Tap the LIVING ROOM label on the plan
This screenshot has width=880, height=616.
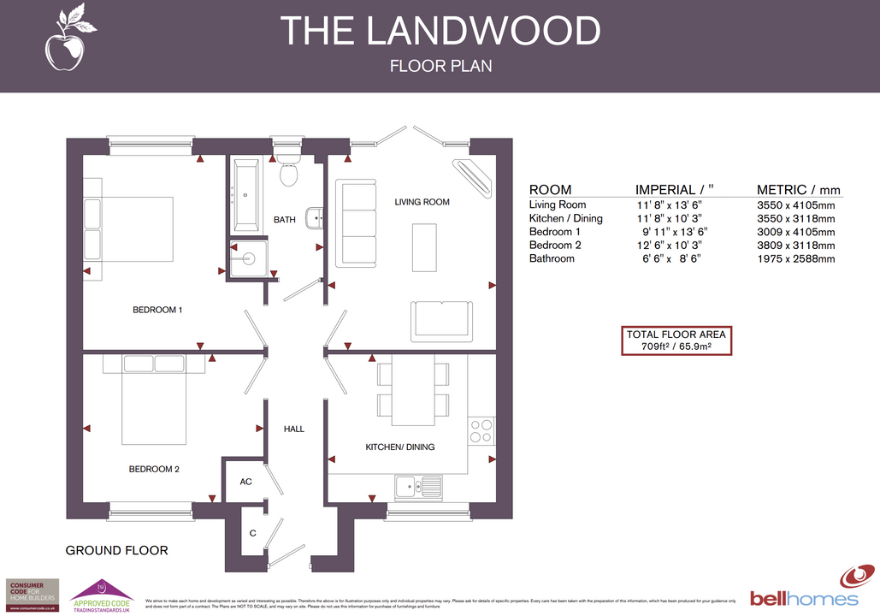tap(422, 202)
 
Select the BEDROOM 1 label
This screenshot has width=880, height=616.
tap(157, 310)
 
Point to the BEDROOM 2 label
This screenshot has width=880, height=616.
tap(154, 469)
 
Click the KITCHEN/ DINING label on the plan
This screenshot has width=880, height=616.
tap(400, 447)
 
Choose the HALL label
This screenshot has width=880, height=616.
tap(293, 429)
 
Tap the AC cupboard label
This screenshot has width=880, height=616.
tap(245, 482)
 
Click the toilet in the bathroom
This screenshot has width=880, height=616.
tap(287, 169)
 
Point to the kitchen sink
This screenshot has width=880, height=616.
tap(418, 489)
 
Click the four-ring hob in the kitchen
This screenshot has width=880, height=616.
tap(481, 429)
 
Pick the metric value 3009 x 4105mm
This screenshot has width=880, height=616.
tap(795, 232)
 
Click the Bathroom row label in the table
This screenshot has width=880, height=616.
tap(552, 258)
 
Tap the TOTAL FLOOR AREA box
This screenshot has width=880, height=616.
tap(676, 341)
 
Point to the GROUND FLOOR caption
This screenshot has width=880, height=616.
tap(116, 550)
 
